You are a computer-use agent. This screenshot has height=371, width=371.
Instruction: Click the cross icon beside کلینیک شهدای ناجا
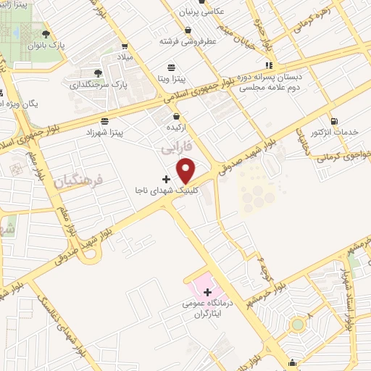tap(166, 178)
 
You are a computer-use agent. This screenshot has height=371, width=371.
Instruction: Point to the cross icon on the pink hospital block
tap(207, 292)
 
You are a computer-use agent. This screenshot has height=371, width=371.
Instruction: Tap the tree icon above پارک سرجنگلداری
tap(99, 73)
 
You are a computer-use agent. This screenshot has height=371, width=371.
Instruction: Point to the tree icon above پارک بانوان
tap(46, 33)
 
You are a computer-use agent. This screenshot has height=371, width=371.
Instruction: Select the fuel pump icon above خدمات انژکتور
tap(333, 122)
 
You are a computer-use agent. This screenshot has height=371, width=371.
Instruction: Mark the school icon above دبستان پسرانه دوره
tap(269, 64)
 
